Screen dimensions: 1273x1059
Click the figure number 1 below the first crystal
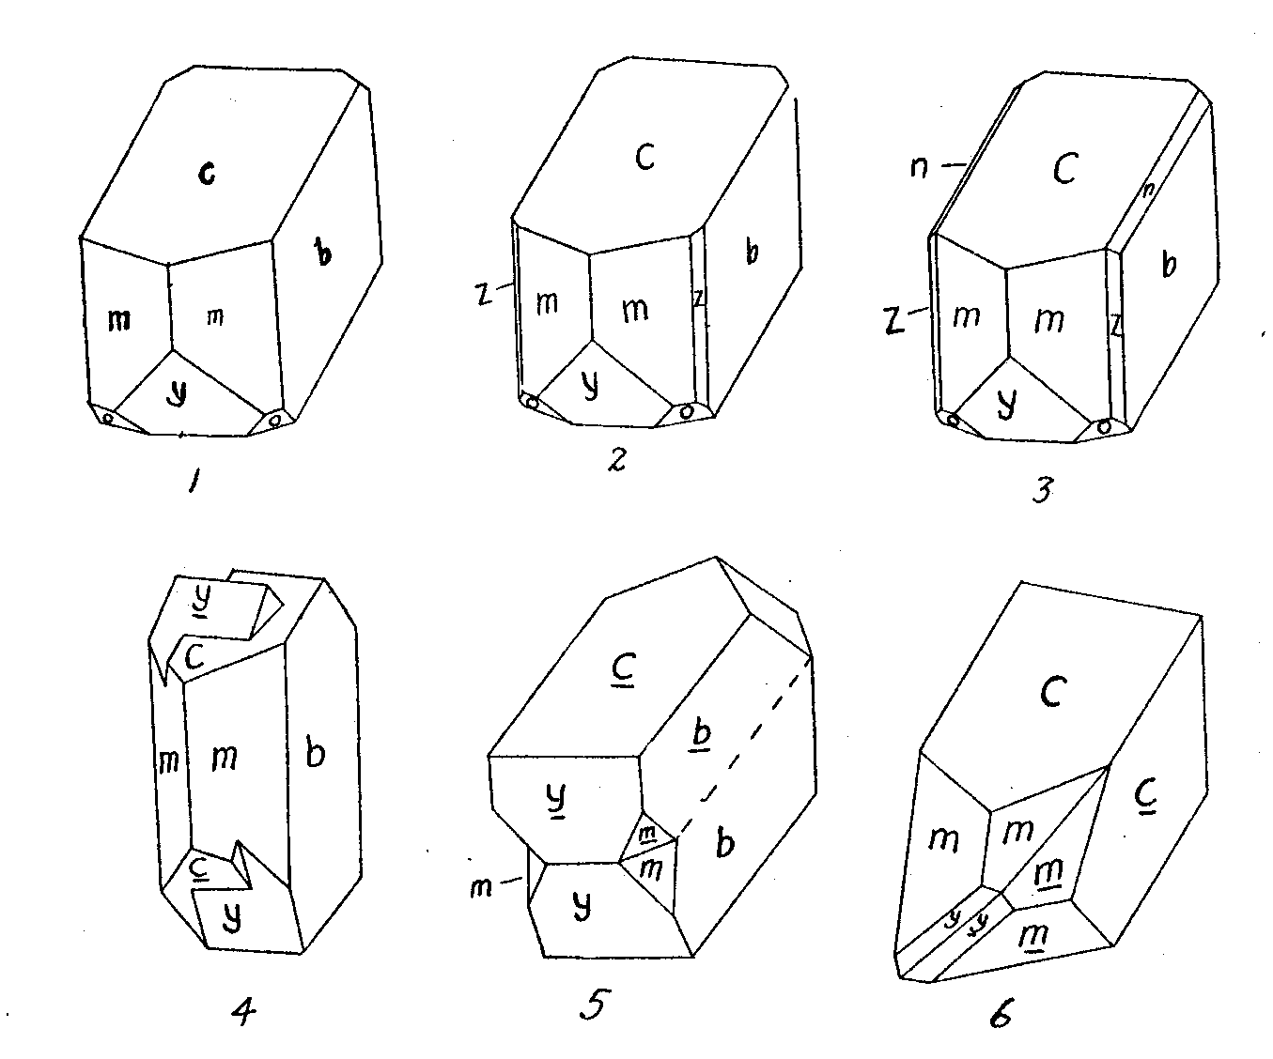point(194,483)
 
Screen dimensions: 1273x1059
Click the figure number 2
point(617,459)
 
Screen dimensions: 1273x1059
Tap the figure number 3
point(1044,489)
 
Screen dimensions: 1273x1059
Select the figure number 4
point(244,1012)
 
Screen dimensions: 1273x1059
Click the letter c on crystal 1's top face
point(207,175)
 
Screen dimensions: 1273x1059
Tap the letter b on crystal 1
point(323,251)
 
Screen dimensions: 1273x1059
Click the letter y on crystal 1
point(178,393)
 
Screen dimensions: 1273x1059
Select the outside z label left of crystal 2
point(484,294)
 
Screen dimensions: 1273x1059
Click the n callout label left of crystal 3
point(919,166)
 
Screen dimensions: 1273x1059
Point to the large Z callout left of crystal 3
point(894,320)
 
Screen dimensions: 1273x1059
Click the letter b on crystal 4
point(315,754)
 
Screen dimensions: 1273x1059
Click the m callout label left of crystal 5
point(481,888)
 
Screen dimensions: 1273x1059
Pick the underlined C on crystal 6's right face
point(1146,797)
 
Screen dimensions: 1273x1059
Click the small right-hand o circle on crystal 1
point(275,420)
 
